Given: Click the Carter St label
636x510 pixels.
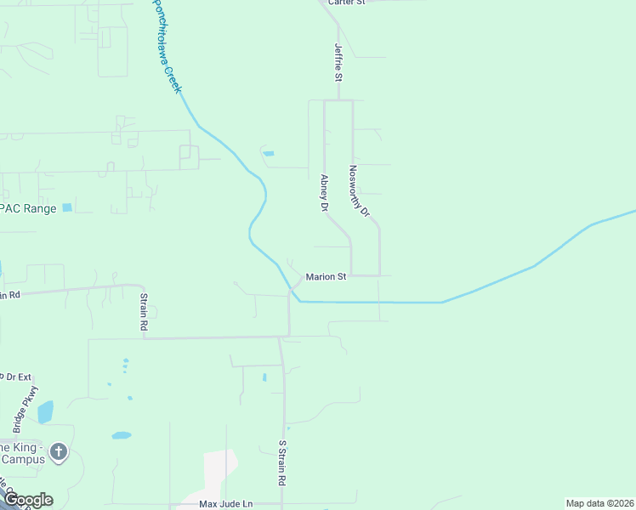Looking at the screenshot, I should point(346,3).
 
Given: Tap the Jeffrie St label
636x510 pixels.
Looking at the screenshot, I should point(338,62).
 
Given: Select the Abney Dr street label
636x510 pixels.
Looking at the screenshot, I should point(324,193).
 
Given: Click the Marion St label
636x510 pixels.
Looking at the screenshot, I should point(327,276).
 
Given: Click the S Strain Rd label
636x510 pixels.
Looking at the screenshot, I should point(282,462).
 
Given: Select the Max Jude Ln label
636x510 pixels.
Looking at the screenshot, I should point(226,504).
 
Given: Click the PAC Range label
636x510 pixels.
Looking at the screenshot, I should point(28,208).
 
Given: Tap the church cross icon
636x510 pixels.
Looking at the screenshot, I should point(58,451).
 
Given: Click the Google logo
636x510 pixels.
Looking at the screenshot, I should point(27,500).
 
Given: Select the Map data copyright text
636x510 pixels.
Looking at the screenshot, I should point(600,503).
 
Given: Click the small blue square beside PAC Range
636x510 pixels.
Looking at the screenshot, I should point(67,207).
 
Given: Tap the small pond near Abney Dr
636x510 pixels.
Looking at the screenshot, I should point(269,154).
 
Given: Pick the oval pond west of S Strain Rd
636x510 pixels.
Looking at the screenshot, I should point(122,435).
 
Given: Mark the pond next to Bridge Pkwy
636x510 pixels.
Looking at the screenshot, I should point(45,412).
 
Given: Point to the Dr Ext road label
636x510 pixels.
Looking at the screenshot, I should point(15,376).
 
